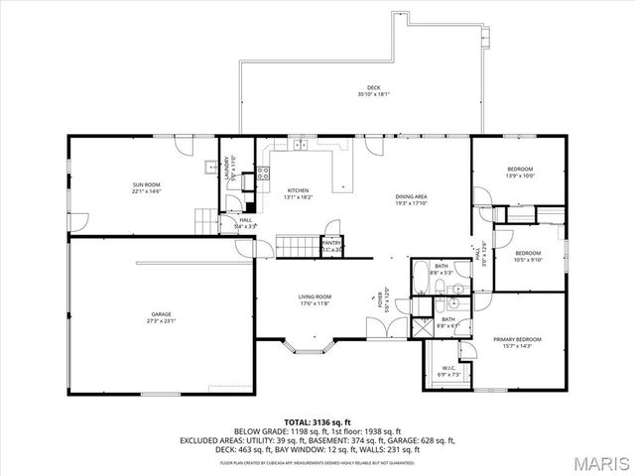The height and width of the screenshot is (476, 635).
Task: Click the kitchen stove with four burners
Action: (x=264, y=174)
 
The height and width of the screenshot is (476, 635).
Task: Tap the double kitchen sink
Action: (x=302, y=147)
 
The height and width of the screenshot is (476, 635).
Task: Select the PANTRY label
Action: (x=331, y=244)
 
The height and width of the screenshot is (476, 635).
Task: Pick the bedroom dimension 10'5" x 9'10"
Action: (x=527, y=261)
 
